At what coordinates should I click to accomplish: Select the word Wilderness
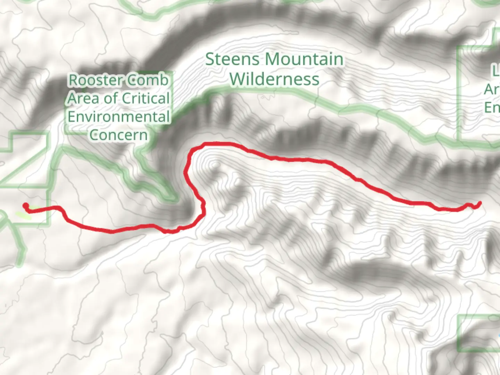274,79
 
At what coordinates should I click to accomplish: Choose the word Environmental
118,117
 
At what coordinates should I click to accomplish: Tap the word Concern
118,135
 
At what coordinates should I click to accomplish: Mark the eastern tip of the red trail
480,203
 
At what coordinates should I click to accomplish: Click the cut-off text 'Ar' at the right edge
492,90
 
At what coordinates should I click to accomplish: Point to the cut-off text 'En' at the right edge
492,108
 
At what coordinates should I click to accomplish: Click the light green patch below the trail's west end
23,216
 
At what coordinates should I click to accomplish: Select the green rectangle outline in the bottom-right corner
459,333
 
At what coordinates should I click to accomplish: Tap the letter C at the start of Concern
94,135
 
